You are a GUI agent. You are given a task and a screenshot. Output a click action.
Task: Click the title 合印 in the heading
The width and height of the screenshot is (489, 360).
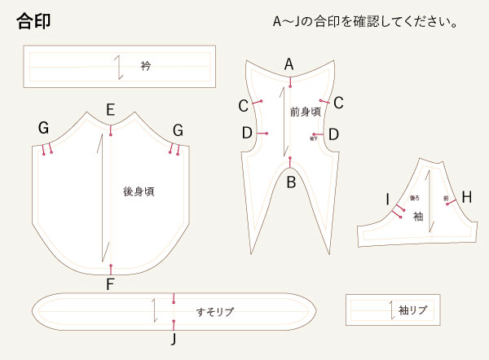34,21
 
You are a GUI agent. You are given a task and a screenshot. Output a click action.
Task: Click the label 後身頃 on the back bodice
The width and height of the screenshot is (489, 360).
139,192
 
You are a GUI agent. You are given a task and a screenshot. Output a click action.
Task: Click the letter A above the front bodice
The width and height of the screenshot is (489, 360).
289,64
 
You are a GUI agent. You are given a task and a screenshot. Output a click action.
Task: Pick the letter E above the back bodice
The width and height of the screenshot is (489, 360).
110,110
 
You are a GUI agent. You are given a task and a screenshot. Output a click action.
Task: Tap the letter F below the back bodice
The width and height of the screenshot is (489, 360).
110,284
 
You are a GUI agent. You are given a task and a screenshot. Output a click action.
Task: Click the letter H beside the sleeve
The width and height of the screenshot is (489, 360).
466,197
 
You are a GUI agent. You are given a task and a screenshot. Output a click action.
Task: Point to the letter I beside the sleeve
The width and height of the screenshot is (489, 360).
388,198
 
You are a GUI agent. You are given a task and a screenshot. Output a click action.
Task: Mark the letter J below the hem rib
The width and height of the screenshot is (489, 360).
174,337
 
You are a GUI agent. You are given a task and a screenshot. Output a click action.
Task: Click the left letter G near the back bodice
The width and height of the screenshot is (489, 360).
43,128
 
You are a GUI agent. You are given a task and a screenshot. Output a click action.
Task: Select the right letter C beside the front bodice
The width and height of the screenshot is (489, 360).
338,103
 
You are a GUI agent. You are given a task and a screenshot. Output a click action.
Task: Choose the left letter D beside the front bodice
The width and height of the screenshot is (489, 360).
246,133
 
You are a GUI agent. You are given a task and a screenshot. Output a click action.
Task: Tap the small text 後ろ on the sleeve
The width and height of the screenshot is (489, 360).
414,197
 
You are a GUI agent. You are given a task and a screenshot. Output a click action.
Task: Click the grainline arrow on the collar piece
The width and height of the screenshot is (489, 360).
121,66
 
